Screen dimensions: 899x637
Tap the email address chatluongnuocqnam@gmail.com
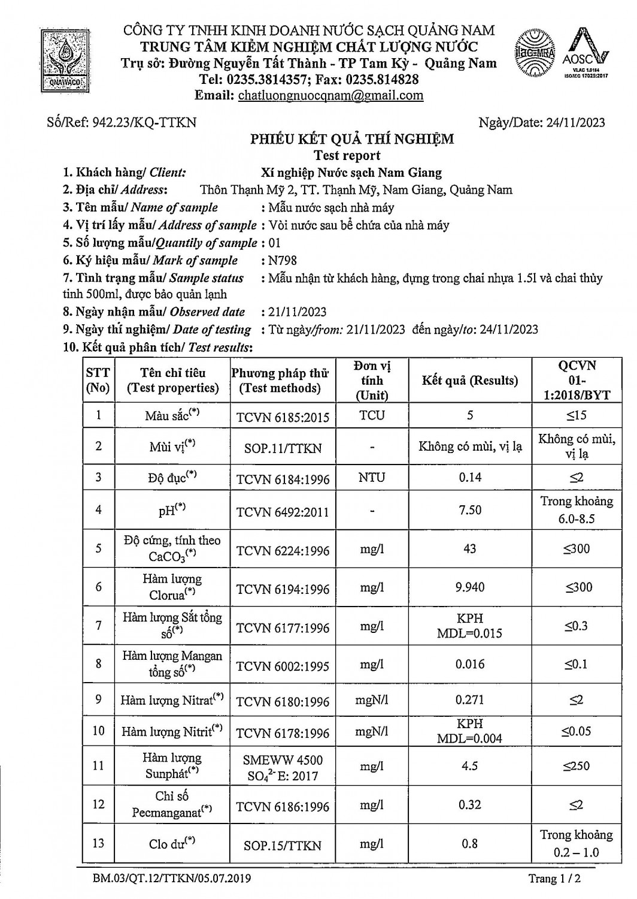click(330, 95)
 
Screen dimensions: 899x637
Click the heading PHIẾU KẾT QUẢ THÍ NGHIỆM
click(352, 139)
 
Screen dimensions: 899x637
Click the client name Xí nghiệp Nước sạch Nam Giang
click(352, 173)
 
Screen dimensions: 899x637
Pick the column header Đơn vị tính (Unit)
click(372, 380)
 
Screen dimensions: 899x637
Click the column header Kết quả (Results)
click(469, 380)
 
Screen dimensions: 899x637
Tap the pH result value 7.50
click(469, 509)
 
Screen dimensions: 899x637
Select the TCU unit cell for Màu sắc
click(372, 415)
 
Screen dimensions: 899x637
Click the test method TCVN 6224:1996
click(283, 550)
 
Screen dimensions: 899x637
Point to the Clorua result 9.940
click(469, 587)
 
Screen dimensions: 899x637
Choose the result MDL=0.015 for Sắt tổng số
click(469, 633)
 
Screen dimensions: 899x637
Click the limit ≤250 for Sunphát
click(576, 765)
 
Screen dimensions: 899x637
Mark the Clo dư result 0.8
click(469, 843)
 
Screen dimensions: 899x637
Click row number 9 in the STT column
click(98, 699)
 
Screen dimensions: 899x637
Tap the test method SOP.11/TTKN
click(283, 448)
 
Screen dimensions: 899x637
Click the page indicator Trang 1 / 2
click(554, 879)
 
